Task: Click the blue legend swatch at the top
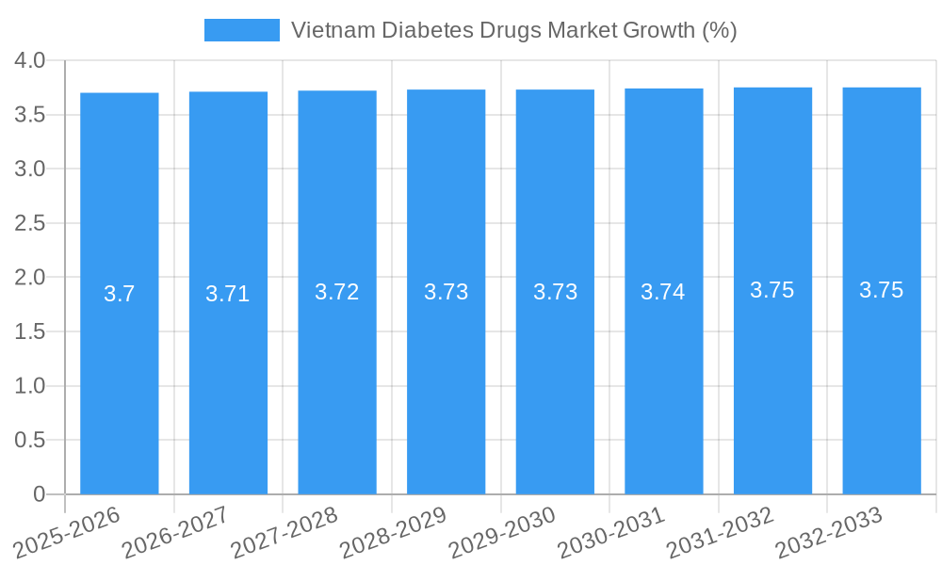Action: tap(241, 30)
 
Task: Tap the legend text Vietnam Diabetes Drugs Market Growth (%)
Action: tap(513, 30)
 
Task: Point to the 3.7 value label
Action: tap(120, 294)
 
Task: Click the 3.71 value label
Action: tap(228, 294)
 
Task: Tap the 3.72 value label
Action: tap(337, 292)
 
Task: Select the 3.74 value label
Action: tap(663, 292)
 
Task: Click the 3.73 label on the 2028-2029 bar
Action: tap(447, 292)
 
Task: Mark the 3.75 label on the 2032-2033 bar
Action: tap(882, 290)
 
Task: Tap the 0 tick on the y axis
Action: tap(39, 494)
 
